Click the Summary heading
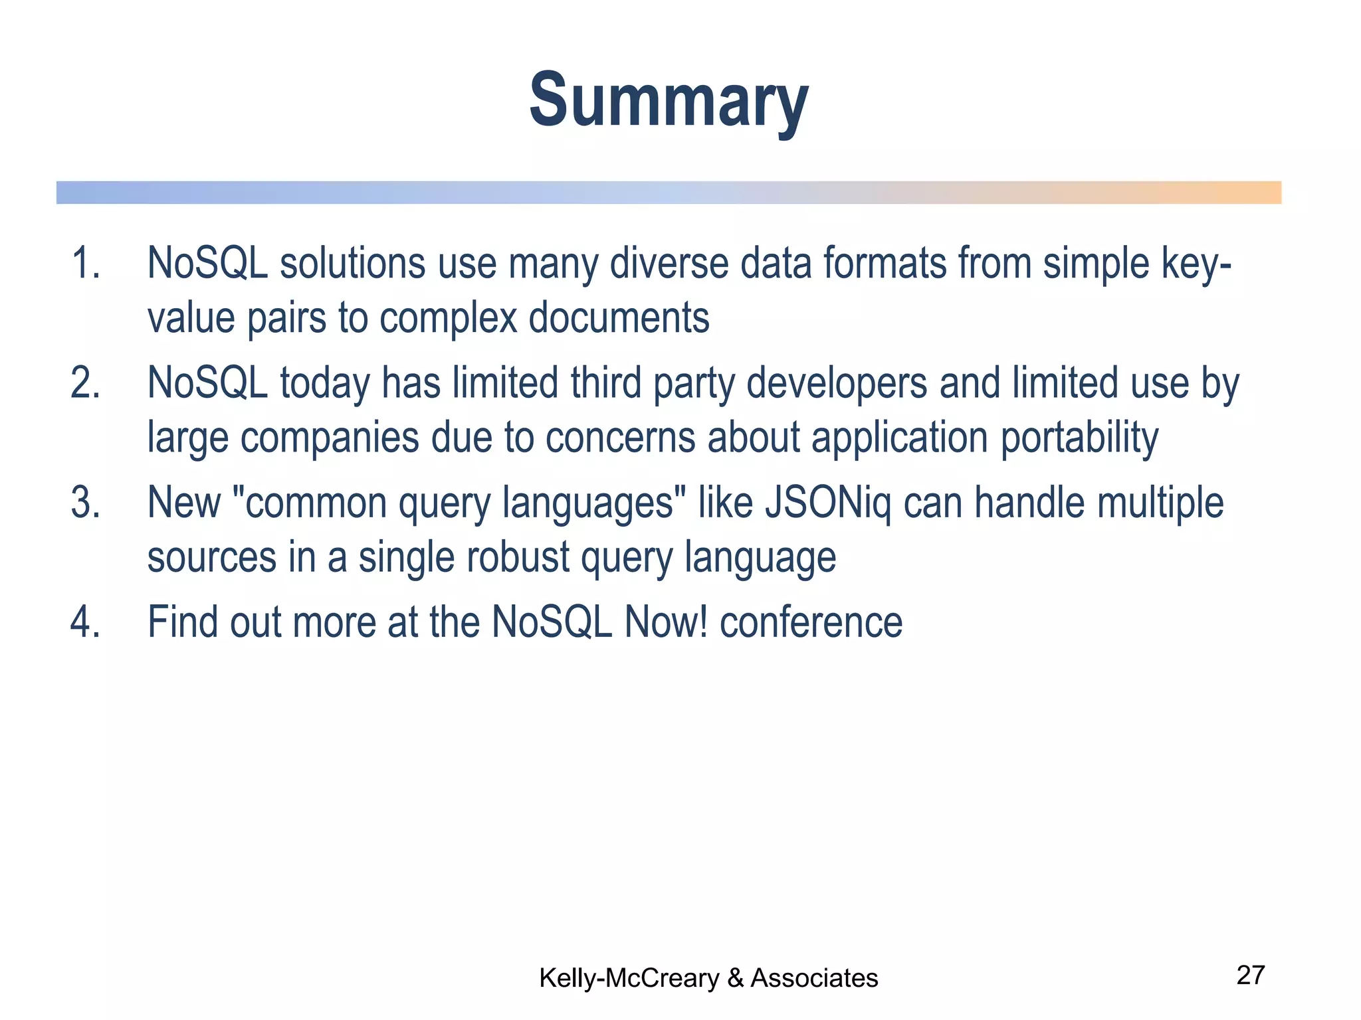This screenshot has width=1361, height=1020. (669, 101)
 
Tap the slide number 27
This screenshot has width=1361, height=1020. (1250, 975)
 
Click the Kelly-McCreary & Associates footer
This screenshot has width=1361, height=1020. (708, 978)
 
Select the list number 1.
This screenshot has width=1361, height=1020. (85, 263)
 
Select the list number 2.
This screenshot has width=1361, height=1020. (85, 383)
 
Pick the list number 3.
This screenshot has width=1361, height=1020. (85, 503)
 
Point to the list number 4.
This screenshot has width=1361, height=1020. (85, 622)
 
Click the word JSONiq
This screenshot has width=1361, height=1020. (828, 503)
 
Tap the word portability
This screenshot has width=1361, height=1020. (1079, 438)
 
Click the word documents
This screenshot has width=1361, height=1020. (619, 317)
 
